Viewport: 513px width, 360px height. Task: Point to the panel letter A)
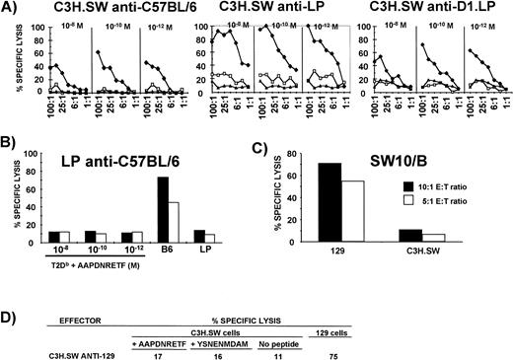tap(12, 8)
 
